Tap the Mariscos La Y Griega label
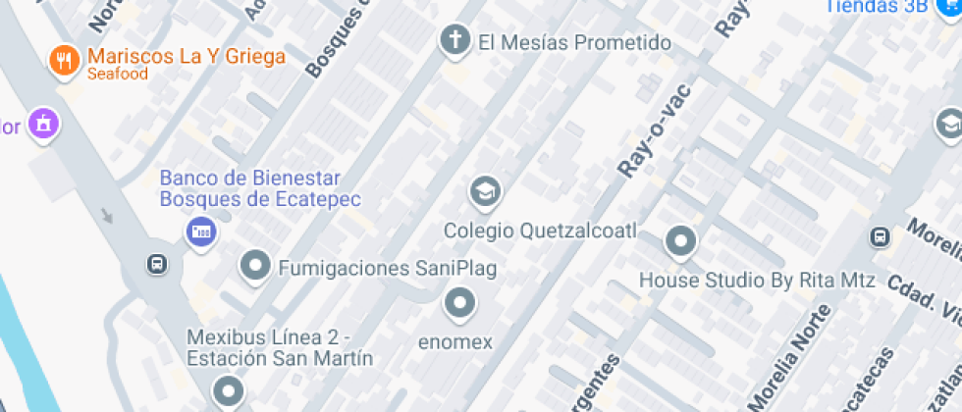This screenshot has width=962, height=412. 186,56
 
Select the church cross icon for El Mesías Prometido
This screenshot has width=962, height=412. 454,41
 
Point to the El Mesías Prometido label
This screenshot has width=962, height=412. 574,43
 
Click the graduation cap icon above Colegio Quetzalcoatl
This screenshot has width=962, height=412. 484,192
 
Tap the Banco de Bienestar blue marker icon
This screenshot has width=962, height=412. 201,232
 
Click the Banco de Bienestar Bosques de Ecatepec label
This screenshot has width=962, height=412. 260,189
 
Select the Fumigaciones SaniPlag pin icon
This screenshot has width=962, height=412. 256,265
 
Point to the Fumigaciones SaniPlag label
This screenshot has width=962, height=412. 388,268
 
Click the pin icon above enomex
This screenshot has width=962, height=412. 458,303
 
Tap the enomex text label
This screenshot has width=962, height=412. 455,342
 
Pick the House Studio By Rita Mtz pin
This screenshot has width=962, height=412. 679,240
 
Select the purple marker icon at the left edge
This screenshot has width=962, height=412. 43,124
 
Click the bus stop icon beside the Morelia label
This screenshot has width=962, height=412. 880,236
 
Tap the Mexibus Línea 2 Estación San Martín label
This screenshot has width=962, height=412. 280,347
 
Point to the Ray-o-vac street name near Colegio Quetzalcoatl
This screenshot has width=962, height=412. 654,131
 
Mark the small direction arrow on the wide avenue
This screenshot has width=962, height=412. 107,215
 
